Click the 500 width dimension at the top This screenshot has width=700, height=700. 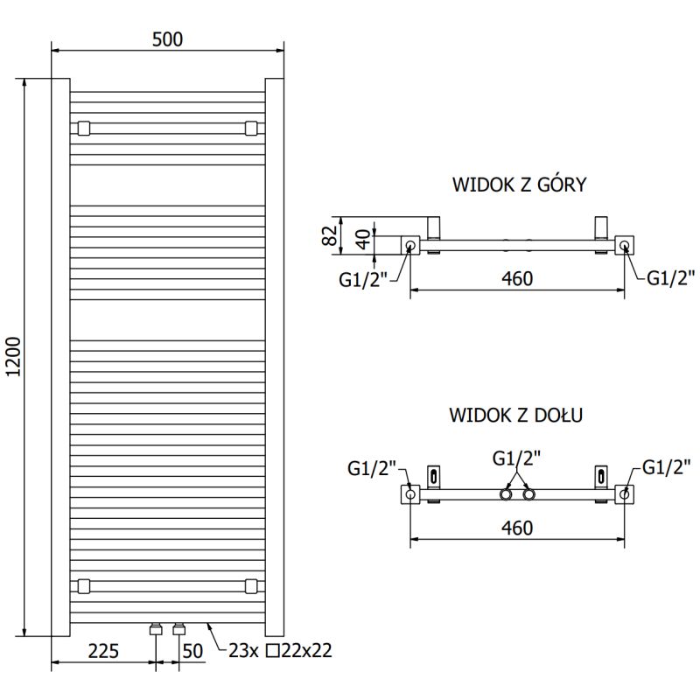[x=167, y=39]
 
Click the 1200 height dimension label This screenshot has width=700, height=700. [x=12, y=357]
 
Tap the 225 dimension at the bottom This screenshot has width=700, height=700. [x=103, y=650]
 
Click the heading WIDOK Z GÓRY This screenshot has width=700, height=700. [x=518, y=185]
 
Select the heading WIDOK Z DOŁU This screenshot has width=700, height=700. [x=517, y=415]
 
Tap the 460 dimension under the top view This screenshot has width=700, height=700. [x=517, y=278]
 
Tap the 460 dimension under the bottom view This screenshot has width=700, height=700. [x=517, y=528]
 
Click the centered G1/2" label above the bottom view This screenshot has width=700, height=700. [x=516, y=457]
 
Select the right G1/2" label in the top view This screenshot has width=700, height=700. [x=670, y=277]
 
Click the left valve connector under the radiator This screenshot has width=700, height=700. [x=156, y=628]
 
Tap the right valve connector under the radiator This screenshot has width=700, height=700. [x=179, y=628]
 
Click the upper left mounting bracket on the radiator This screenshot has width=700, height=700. [x=83, y=129]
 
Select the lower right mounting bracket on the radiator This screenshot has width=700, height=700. [x=251, y=585]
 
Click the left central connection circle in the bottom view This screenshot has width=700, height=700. [x=506, y=495]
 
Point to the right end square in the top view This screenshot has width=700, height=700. [x=624, y=246]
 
